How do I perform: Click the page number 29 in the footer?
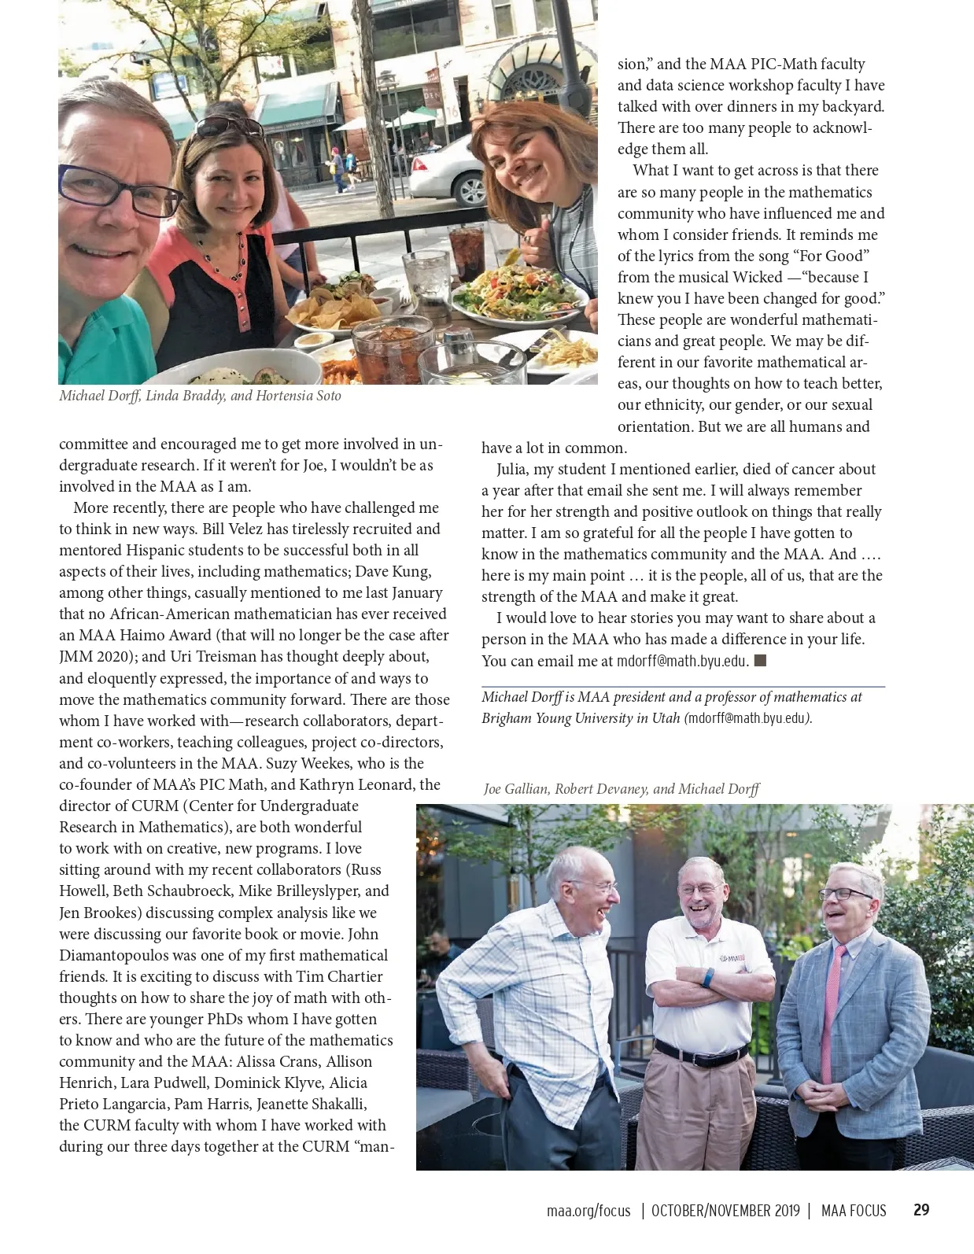click(x=921, y=1210)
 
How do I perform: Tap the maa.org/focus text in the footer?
click(x=588, y=1211)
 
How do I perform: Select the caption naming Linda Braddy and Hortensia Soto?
click(x=200, y=396)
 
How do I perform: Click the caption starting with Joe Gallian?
click(x=621, y=789)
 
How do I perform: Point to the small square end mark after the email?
click(x=760, y=660)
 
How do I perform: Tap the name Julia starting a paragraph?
click(x=514, y=470)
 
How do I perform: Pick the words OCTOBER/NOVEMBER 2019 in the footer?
click(x=725, y=1211)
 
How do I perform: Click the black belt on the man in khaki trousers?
click(x=700, y=1052)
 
